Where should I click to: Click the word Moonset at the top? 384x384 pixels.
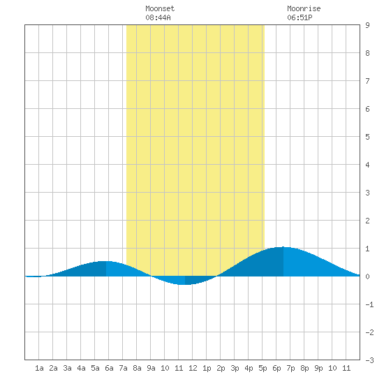[x=160, y=8]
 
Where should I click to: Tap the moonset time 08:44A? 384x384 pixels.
[x=158, y=17]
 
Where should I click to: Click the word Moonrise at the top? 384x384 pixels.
[x=304, y=8]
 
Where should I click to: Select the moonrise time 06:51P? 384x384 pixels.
[x=300, y=17]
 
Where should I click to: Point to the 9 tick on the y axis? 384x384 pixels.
[x=367, y=25]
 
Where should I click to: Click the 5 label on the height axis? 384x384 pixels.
[x=367, y=137]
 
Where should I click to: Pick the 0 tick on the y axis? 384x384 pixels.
[x=367, y=276]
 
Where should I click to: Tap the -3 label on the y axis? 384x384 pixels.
[x=369, y=360]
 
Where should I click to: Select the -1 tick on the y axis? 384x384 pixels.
[x=369, y=304]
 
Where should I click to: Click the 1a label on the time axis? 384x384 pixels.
[x=39, y=368]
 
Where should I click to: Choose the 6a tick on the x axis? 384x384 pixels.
[x=109, y=368]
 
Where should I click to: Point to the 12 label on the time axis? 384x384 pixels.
[x=193, y=368]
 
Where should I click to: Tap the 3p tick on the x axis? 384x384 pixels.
[x=235, y=368]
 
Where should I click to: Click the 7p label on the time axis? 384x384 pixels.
[x=290, y=368]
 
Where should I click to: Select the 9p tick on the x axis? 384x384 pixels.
[x=318, y=368]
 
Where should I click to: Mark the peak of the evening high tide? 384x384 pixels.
[x=283, y=247]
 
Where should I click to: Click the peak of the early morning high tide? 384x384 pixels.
[x=106, y=261]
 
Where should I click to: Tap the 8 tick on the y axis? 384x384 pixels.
[x=367, y=53]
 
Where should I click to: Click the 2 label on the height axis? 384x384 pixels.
[x=367, y=221]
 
